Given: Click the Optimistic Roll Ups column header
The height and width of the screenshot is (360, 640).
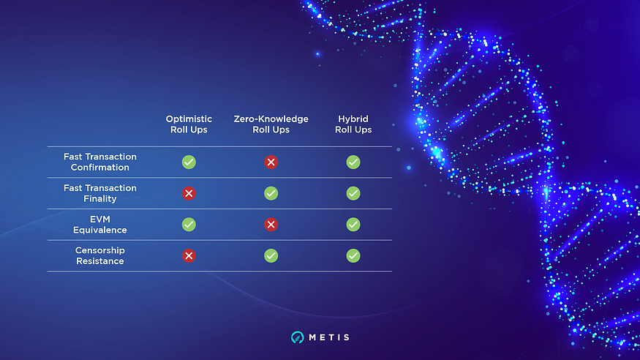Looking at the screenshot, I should click(x=189, y=124).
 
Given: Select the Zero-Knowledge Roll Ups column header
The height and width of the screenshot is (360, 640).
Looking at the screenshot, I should click(x=271, y=124).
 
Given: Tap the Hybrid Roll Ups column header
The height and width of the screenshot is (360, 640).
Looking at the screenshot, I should click(x=353, y=124).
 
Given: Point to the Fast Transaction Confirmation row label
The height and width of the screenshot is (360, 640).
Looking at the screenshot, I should click(x=99, y=162).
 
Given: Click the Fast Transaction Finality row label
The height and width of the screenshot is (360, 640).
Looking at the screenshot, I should click(x=99, y=193).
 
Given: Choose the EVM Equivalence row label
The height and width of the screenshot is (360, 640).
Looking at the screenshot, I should click(x=99, y=225).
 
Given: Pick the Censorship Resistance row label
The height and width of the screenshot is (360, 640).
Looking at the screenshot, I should click(x=99, y=256).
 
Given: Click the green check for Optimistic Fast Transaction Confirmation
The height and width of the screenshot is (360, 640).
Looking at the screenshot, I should click(x=189, y=162).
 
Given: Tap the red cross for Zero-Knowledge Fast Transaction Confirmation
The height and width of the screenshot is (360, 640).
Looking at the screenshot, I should click(x=271, y=162).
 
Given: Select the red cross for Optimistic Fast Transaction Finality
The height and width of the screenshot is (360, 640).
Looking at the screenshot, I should click(x=189, y=193).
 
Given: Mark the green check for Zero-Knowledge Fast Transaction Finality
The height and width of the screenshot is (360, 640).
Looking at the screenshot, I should click(x=271, y=193).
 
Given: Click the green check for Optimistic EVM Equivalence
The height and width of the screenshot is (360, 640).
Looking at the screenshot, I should click(x=189, y=225).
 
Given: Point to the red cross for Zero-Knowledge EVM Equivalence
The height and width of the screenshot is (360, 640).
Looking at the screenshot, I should click(x=271, y=225).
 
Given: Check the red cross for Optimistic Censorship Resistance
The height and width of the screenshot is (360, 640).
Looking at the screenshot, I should click(x=189, y=256).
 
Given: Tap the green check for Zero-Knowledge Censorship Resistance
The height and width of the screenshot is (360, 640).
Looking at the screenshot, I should click(x=271, y=256).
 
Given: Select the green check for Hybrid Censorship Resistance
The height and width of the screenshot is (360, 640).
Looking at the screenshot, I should click(x=353, y=256).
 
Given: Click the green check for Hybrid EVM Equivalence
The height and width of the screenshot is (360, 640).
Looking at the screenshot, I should click(x=353, y=225).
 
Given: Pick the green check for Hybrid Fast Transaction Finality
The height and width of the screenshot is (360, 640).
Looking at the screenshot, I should click(x=353, y=193).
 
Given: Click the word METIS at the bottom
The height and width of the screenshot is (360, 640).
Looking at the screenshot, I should click(x=328, y=337).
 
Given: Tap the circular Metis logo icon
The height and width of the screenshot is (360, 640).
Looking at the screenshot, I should click(x=296, y=337).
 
